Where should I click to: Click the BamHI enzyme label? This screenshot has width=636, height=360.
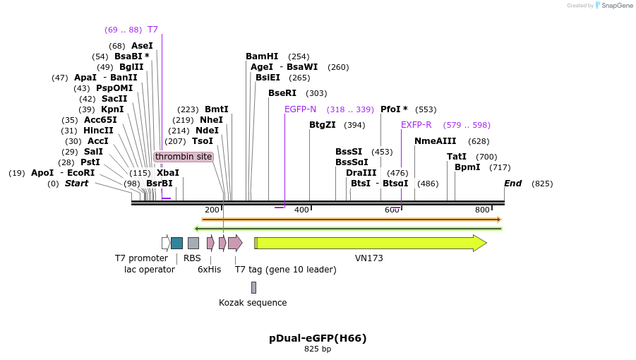pos(262,56)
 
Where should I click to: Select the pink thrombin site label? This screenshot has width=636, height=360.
pos(184,157)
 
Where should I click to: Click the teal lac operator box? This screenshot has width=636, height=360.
pos(176,243)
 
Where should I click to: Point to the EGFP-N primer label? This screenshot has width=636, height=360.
pos(300,109)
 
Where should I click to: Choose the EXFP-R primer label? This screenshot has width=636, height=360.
pos(416,125)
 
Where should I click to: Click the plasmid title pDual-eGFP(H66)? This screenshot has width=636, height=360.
pos(318,338)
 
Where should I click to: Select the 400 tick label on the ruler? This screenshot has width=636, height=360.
pos(301,210)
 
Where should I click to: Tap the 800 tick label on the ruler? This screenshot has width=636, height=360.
pos(482,210)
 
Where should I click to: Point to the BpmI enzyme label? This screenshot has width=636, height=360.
pos(467,167)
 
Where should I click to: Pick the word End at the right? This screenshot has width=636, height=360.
pos(512,184)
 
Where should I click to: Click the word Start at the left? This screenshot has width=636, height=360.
pos(77,184)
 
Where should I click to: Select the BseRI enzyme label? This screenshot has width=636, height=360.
pos(282,93)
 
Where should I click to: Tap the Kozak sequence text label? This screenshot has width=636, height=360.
pos(253,303)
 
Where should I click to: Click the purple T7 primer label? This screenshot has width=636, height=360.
pos(152,30)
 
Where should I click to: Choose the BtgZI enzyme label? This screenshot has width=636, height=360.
pos(323,125)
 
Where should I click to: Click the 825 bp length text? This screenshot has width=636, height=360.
pos(318,349)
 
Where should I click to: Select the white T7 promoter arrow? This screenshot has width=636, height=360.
pos(166,243)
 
